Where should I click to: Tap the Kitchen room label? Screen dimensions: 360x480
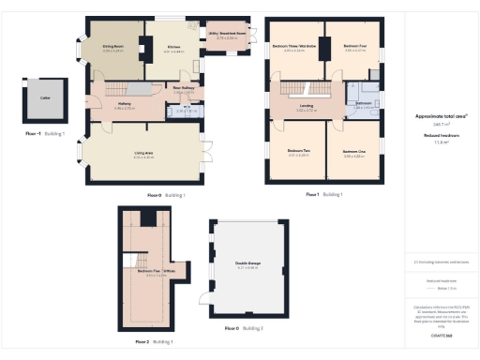(173, 47)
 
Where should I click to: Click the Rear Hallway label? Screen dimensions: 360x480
(184, 91)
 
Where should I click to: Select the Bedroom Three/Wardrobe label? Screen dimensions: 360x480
(293, 46)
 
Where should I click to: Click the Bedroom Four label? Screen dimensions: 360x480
(353, 46)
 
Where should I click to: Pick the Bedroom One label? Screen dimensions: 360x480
(353, 151)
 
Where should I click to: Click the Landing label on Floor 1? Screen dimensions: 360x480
(307, 107)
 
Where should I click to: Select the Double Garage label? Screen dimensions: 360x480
(247, 263)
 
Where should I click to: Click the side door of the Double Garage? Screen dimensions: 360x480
(205, 298)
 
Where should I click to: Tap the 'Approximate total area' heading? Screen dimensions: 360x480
(441, 117)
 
